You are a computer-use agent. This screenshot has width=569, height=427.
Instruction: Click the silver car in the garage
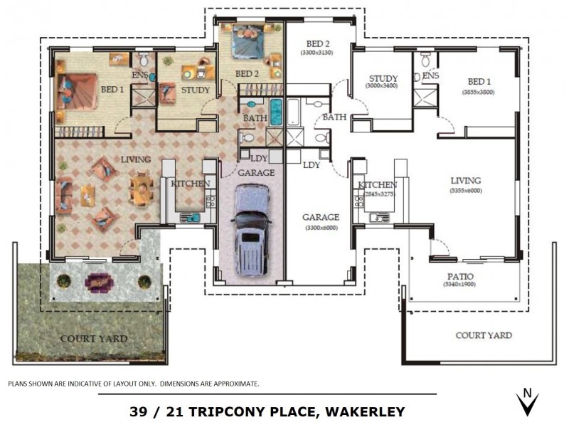(x=252, y=231)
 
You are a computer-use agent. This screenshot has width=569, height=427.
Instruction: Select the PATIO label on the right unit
(x=460, y=276)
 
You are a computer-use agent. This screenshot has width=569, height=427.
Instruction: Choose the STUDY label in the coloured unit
(x=195, y=90)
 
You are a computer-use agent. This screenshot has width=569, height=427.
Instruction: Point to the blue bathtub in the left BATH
(x=275, y=113)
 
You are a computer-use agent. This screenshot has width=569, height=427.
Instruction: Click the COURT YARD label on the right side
(x=483, y=335)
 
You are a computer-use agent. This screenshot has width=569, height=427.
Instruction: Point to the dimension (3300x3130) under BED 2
(x=319, y=53)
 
